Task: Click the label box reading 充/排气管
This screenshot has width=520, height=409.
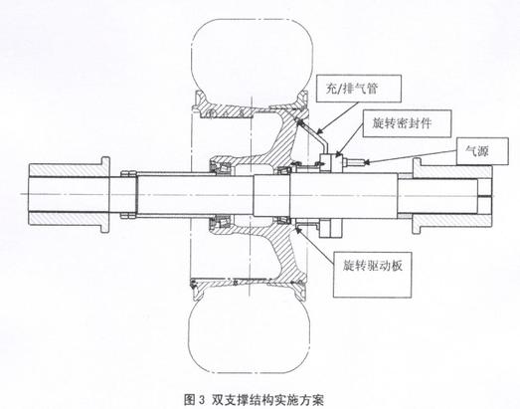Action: coord(359,89)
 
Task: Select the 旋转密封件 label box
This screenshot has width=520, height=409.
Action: coord(407,123)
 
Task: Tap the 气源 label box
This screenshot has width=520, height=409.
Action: coord(482,151)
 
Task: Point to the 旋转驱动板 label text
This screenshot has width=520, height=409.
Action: coord(373,266)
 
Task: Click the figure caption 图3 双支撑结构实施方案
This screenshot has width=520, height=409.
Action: coord(254,399)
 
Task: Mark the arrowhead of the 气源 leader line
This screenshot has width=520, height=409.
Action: coord(366,162)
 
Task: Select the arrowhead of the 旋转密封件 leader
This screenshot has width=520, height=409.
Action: coord(338,153)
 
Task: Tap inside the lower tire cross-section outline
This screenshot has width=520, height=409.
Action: coord(250,335)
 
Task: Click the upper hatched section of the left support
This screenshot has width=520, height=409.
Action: coord(69,170)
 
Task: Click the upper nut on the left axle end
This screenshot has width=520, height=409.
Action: coord(128,173)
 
